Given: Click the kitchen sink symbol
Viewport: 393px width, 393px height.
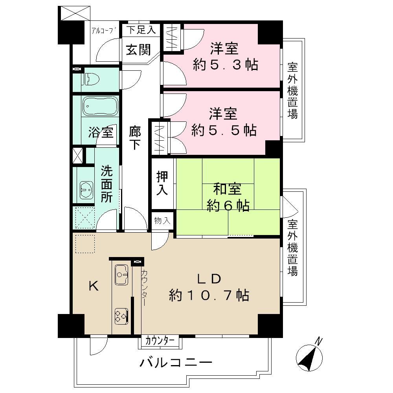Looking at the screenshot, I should tap(121, 274).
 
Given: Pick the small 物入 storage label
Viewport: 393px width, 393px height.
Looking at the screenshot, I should tap(162, 221).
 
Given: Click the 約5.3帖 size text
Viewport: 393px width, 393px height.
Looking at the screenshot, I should tap(225, 64).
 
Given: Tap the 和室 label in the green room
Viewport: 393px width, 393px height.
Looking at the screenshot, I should tap(228, 189).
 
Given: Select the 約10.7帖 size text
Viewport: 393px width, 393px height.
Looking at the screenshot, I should tap(209, 295).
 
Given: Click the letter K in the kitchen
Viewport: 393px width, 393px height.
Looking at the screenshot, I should tap(93, 286).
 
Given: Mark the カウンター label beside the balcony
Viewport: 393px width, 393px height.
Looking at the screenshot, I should tap(160, 340).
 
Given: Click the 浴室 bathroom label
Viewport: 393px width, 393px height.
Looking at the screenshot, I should tap(101, 133).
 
